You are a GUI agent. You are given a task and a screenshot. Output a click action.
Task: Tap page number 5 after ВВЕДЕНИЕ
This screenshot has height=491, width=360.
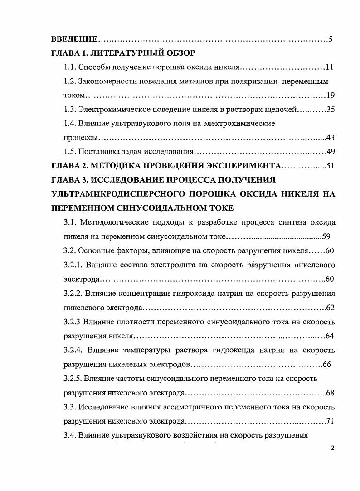pyautogui.click(x=331, y=39)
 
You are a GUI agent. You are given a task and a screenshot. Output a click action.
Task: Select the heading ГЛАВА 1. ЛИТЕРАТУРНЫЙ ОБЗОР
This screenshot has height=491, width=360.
pyautogui.click(x=123, y=53)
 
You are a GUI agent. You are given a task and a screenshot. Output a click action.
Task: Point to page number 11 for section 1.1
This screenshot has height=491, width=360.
pyautogui.click(x=330, y=67)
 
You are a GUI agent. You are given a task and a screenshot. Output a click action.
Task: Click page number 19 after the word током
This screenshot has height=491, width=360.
pyautogui.click(x=331, y=96)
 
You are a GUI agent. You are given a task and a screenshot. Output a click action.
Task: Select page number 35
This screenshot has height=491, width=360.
pyautogui.click(x=330, y=110)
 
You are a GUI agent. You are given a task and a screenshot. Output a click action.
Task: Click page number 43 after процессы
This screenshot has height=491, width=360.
pyautogui.click(x=330, y=138)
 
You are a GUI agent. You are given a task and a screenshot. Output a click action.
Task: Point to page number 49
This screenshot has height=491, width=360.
pyautogui.click(x=330, y=152)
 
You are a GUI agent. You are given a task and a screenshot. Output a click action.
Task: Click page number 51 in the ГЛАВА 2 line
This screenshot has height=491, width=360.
pyautogui.click(x=330, y=166)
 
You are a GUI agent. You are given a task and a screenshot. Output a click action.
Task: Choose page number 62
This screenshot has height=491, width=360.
pyautogui.click(x=330, y=308)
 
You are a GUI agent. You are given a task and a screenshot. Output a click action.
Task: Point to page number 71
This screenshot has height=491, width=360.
pyautogui.click(x=330, y=421)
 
